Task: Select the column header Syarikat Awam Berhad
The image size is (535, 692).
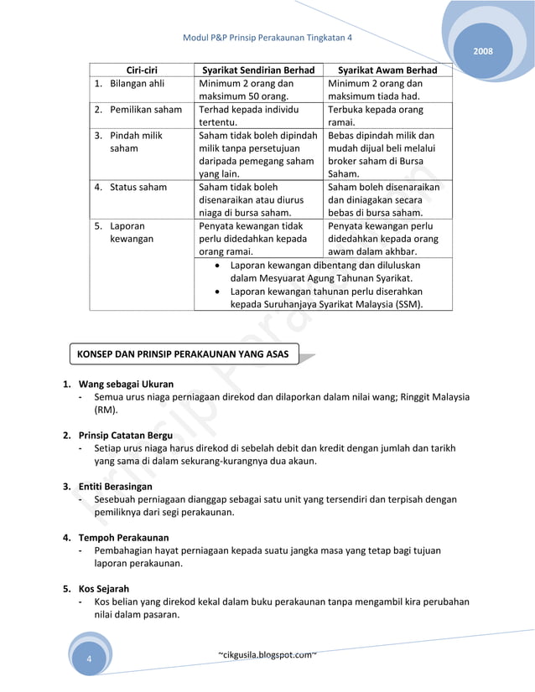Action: [386, 70]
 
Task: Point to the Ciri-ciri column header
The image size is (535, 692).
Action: [143, 70]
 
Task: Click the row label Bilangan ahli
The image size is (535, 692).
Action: [138, 84]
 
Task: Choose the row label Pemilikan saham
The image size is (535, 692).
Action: [145, 110]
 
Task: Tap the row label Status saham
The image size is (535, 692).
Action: [138, 187]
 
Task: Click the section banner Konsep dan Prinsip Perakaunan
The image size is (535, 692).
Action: [182, 354]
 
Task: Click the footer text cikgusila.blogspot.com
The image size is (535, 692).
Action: [267, 653]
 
